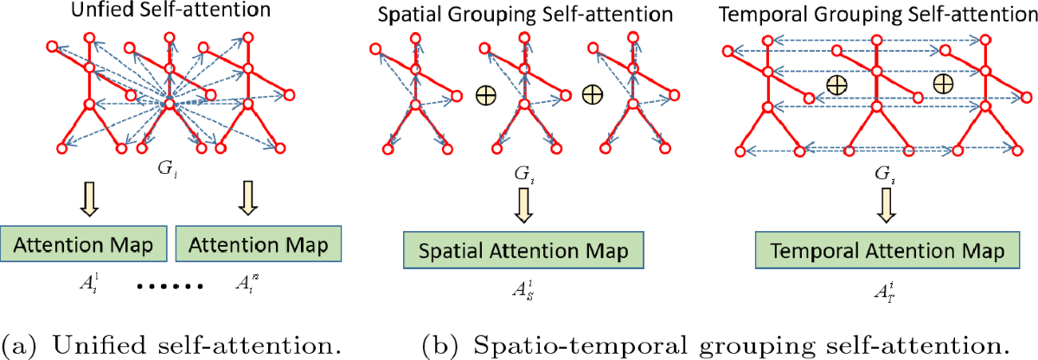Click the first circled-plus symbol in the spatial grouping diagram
click(x=486, y=93)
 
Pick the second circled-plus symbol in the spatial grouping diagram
click(x=593, y=93)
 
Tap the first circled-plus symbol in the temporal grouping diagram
click(x=835, y=85)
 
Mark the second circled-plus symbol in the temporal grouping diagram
click(x=942, y=83)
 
